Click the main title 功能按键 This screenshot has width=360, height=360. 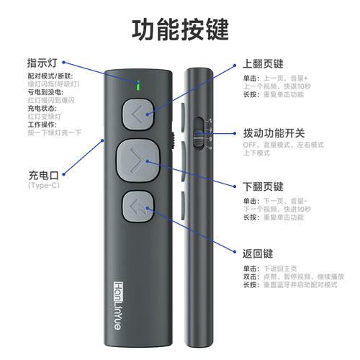point(179,30)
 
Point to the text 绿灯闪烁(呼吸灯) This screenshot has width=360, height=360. point(54,84)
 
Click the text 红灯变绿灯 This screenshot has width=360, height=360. point(45,115)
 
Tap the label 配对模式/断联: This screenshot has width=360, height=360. point(50,76)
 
